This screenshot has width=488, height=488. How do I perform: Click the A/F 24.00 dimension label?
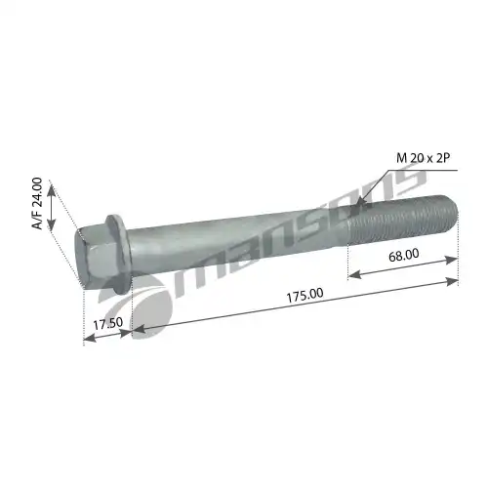37,204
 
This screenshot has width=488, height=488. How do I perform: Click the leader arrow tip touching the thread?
358,205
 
